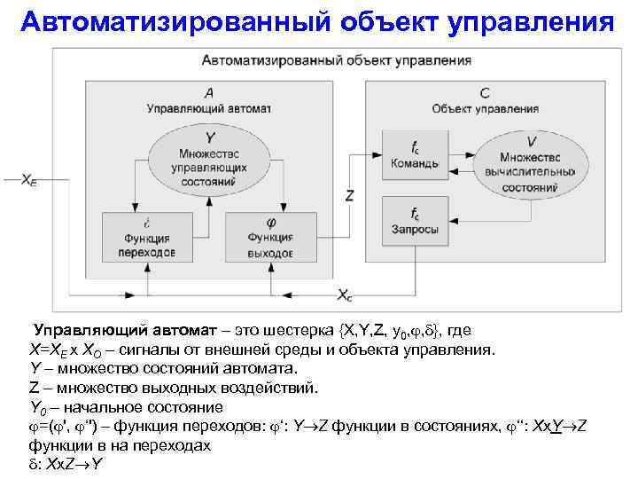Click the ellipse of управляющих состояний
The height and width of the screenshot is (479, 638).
tap(209, 157)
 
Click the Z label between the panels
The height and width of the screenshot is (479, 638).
tap(349, 194)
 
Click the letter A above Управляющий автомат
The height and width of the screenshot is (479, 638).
tap(208, 93)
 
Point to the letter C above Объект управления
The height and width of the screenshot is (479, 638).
tap(484, 93)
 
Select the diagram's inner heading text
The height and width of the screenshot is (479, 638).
tap(337, 61)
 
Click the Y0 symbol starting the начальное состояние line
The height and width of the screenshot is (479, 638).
tap(38, 407)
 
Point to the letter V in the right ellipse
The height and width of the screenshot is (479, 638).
tap(530, 141)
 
